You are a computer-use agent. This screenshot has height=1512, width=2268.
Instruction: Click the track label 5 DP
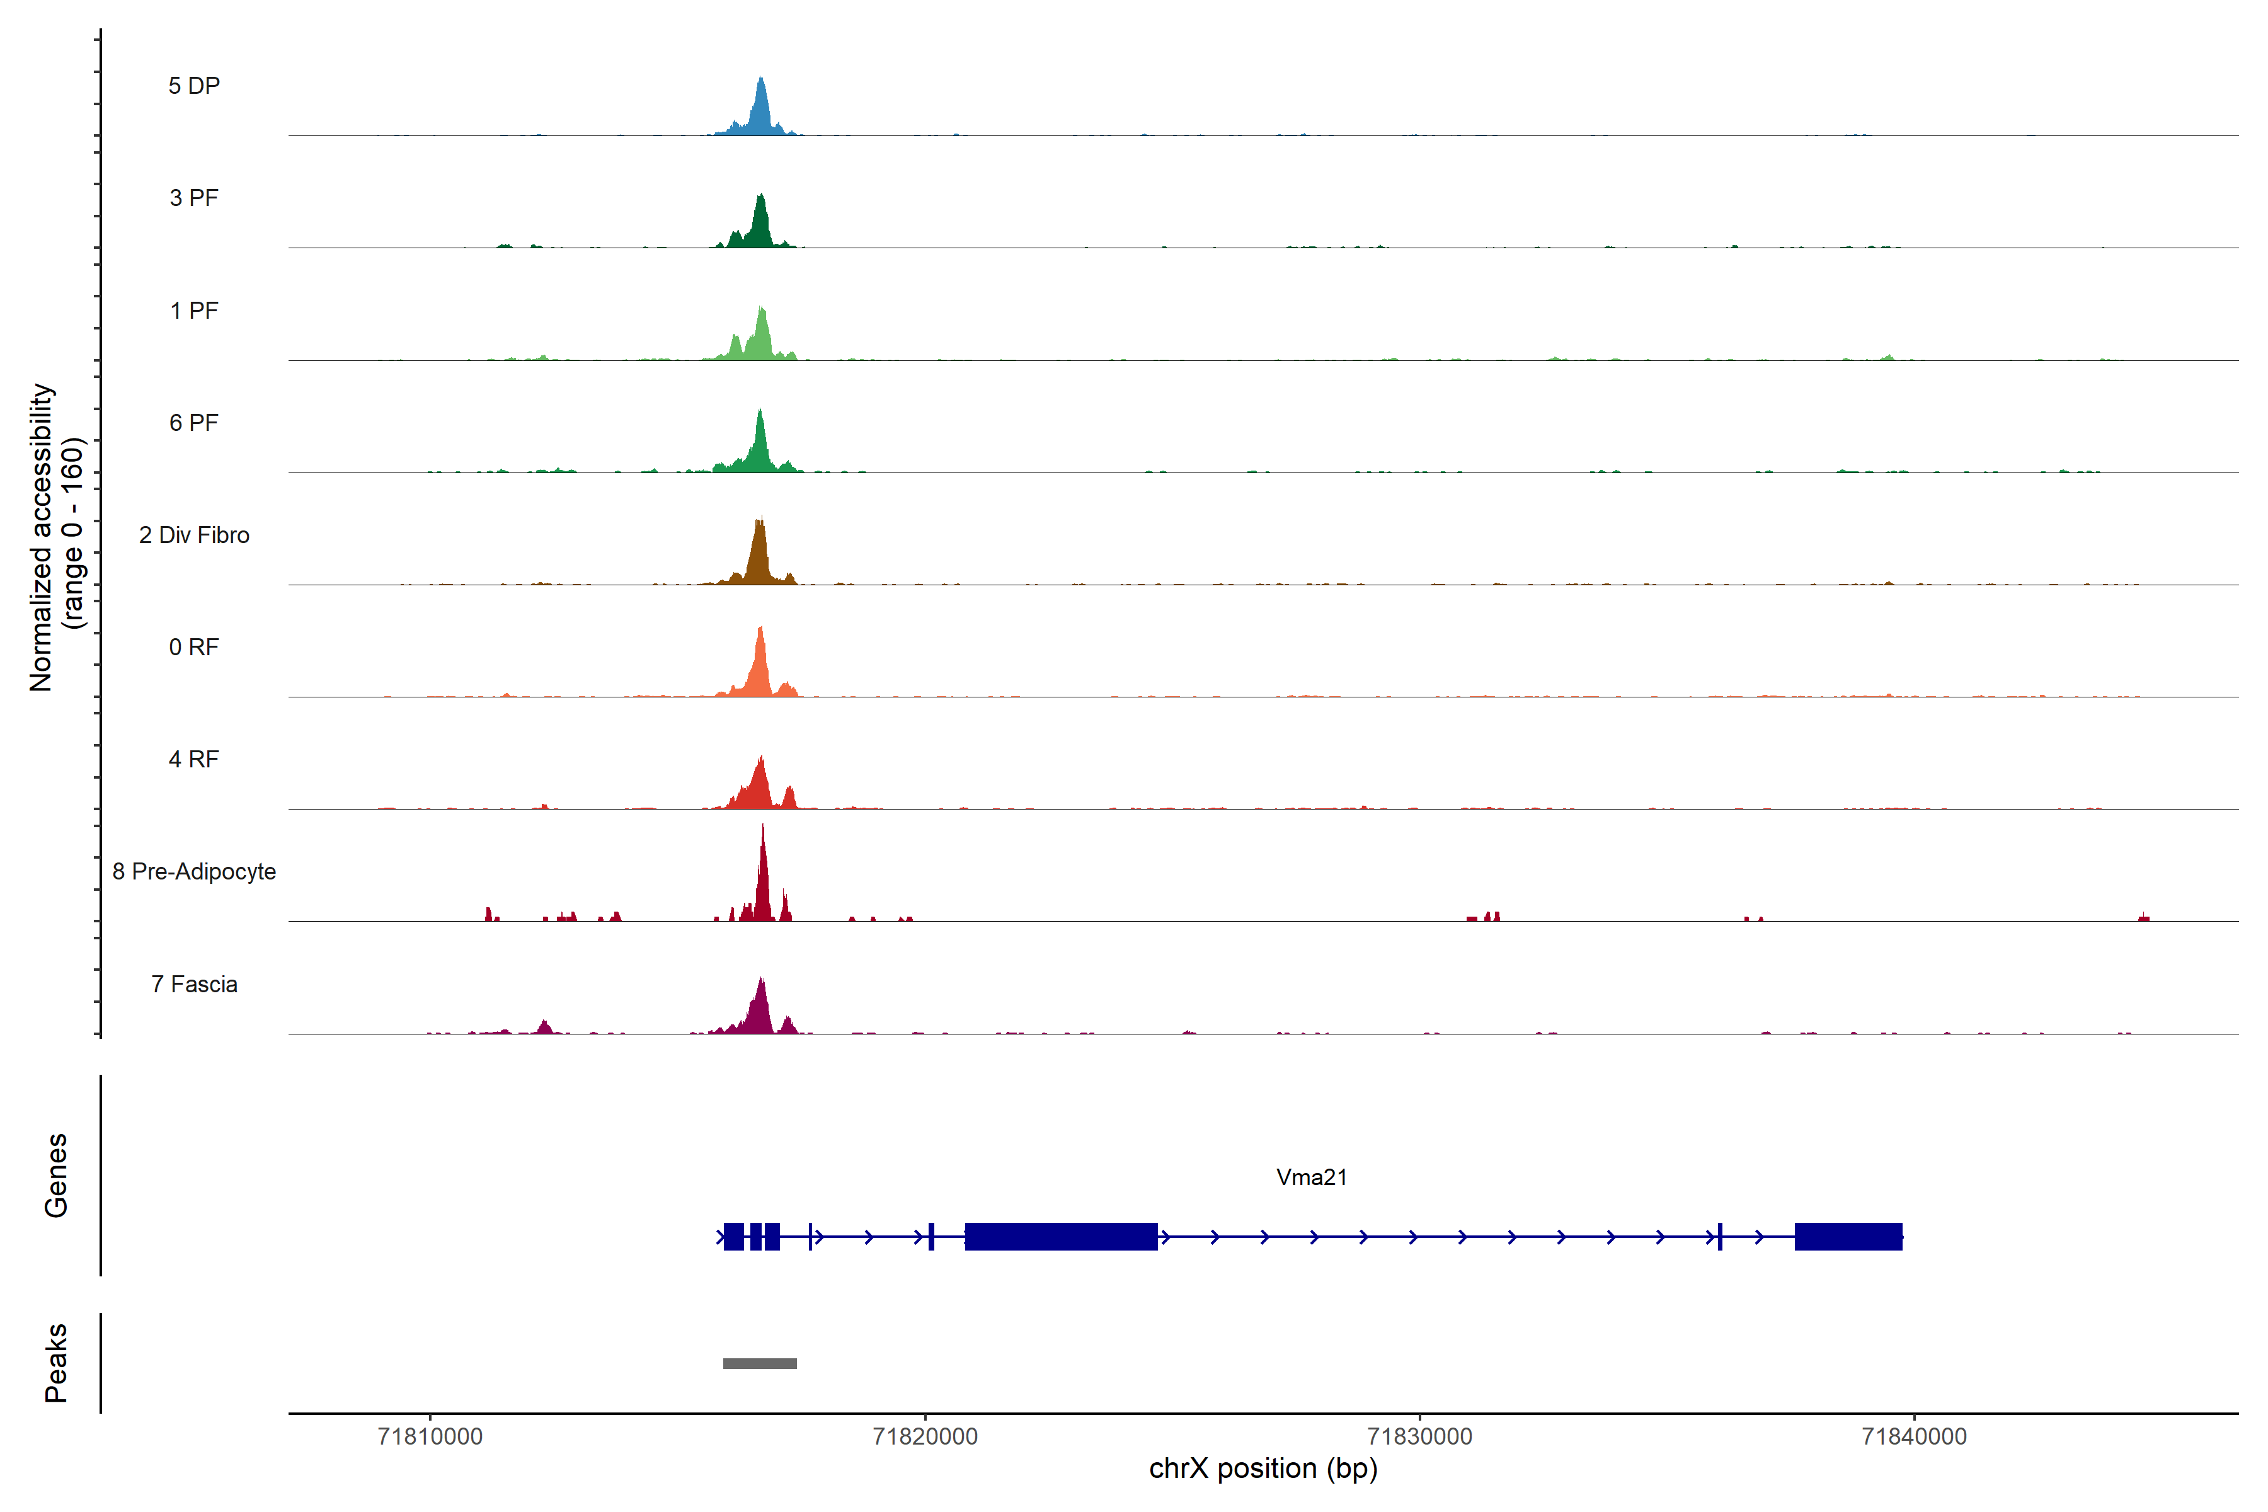coord(194,86)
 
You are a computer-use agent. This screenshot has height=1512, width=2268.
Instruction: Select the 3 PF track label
coord(194,198)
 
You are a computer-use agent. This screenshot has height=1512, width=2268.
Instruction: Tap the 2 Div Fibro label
coord(194,535)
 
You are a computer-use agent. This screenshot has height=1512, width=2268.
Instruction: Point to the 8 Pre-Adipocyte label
coord(194,872)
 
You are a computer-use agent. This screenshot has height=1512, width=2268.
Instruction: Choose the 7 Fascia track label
coord(194,985)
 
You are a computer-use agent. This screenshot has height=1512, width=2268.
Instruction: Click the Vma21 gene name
coord(1312,1177)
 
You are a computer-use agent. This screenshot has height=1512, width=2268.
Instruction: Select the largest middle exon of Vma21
coord(1061,1236)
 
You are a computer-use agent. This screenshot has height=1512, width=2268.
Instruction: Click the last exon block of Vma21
coord(1848,1236)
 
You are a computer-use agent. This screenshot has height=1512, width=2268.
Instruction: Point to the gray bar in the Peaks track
coord(760,1363)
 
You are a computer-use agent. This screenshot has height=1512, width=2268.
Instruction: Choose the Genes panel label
coord(56,1176)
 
